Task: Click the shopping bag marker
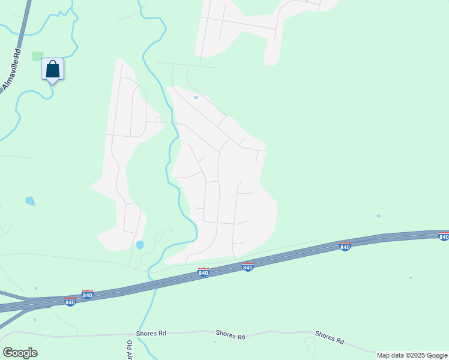coord(52,69)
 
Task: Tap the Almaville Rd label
coord(11,70)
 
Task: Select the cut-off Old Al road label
coord(129,350)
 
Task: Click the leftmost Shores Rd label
coord(150,333)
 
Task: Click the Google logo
coord(20,353)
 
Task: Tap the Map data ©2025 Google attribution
coord(412,355)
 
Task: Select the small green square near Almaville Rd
coord(37,56)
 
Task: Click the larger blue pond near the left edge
coord(29,201)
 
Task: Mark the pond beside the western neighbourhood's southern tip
coord(140,245)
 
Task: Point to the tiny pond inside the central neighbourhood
coord(195,97)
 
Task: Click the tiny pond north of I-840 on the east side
coord(378,216)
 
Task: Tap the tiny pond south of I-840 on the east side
coord(410,278)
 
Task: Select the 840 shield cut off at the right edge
coord(444,236)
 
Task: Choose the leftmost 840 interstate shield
coord(70,302)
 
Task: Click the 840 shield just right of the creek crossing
coord(203,273)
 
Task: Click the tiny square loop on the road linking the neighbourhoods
coord(158,119)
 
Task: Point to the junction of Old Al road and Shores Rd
coord(131,335)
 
